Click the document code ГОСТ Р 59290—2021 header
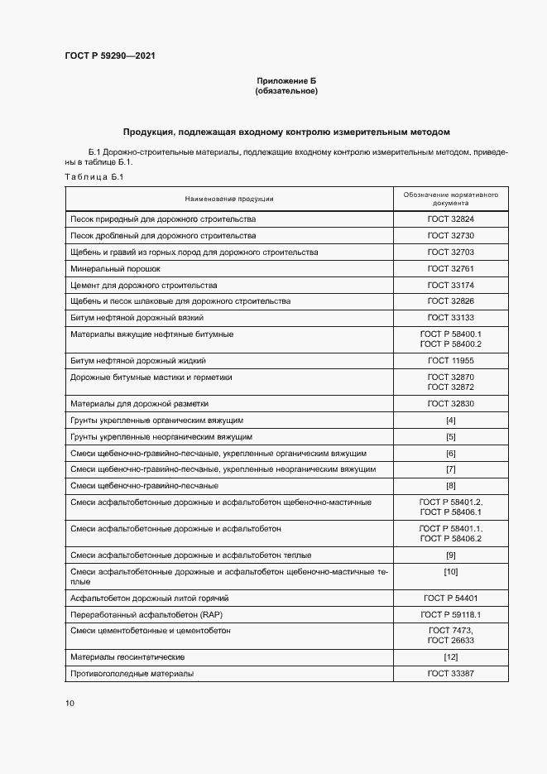109,56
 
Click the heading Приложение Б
286,80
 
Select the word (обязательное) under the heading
286,91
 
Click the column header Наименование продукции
229,199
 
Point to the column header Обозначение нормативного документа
450,199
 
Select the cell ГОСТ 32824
450,219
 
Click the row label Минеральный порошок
115,269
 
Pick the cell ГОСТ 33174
450,285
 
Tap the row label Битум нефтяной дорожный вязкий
137,318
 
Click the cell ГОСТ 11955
450,361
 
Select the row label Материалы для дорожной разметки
140,404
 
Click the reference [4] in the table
450,421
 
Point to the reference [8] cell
450,485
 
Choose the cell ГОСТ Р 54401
450,598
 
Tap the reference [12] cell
450,657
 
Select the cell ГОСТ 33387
450,674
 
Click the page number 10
70,704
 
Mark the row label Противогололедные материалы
132,674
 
